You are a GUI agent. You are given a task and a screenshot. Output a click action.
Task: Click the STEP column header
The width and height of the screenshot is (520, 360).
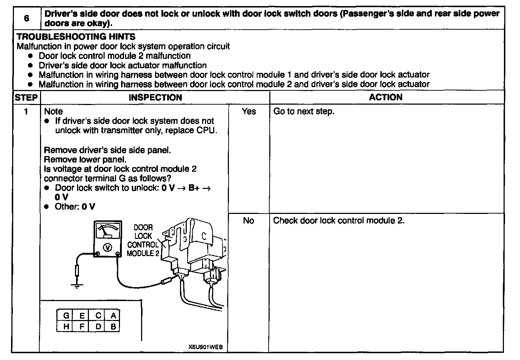pyautogui.click(x=26, y=97)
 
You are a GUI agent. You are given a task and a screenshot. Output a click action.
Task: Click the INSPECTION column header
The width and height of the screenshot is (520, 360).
pyautogui.click(x=155, y=97)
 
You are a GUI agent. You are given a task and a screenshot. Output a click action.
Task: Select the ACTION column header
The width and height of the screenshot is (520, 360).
pyautogui.click(x=386, y=97)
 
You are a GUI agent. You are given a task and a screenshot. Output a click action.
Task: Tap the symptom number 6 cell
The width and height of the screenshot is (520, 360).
pyautogui.click(x=26, y=18)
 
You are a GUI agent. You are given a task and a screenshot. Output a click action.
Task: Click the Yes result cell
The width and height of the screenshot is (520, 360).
pyautogui.click(x=249, y=111)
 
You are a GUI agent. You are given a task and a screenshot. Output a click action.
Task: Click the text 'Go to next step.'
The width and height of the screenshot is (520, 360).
pyautogui.click(x=304, y=111)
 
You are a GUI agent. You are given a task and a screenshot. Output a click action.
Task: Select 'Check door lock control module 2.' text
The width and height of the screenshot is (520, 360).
pyautogui.click(x=339, y=221)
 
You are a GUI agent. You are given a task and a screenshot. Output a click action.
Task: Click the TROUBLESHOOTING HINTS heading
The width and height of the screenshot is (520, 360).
pyautogui.click(x=76, y=37)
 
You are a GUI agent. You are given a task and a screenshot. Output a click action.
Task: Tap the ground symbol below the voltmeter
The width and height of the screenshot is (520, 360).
pyautogui.click(x=76, y=285)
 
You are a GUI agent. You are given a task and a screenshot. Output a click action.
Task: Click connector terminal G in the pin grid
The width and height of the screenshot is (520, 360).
pyautogui.click(x=66, y=315)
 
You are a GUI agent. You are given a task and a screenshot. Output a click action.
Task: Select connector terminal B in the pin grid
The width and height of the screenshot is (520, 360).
pyautogui.click(x=113, y=326)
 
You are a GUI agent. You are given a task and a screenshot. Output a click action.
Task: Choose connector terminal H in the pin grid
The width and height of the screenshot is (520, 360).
pyautogui.click(x=66, y=326)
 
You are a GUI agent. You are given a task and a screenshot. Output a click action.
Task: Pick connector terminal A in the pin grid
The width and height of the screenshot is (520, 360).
pyautogui.click(x=113, y=315)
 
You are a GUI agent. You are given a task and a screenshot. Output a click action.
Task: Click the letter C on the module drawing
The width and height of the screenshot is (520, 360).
pyautogui.click(x=204, y=236)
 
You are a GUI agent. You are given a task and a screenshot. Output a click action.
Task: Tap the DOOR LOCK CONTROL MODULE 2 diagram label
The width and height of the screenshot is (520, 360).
pyautogui.click(x=143, y=240)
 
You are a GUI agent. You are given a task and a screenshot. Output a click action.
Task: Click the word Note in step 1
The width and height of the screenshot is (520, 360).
pyautogui.click(x=53, y=111)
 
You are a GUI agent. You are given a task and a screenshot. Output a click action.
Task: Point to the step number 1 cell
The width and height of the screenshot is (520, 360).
pyautogui.click(x=26, y=111)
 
